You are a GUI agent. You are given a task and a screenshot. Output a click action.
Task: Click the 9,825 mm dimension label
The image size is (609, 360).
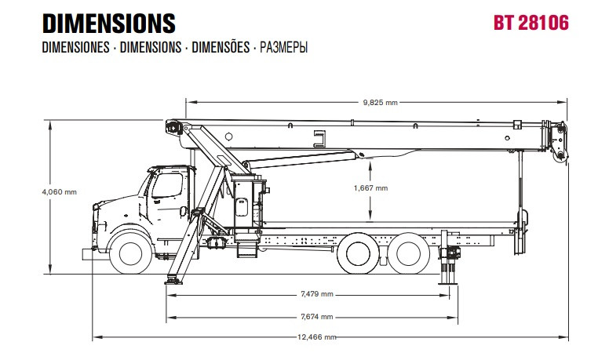tap(381, 103)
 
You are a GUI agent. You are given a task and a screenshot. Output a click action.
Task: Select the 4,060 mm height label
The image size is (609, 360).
tap(60, 192)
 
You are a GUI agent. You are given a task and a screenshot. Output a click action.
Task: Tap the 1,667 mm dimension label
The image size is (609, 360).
tap(370, 188)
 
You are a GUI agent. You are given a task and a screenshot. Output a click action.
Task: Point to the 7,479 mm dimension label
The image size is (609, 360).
tap(317, 294)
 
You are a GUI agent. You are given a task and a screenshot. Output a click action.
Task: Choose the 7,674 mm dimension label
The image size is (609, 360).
tap(317, 317)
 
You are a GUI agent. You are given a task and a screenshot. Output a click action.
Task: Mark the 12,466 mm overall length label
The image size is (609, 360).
tap(317, 337)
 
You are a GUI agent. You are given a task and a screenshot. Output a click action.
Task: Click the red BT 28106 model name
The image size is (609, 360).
tap(531, 23)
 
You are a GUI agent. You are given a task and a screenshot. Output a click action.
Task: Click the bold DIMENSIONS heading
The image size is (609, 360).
tap(109, 24)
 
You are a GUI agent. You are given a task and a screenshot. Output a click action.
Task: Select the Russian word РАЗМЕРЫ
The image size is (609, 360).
tap(283, 47)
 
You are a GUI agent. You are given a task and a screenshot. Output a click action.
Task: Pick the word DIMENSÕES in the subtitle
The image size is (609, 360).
tap(221, 47)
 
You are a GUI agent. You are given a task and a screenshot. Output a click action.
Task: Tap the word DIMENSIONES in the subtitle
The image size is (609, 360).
tap(76, 47)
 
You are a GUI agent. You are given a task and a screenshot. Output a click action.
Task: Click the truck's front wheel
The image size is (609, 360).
tap(131, 253)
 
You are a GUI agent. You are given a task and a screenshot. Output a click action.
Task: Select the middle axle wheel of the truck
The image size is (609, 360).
tap(358, 253)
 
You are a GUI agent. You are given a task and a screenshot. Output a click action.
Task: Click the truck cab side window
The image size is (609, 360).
tap(167, 185)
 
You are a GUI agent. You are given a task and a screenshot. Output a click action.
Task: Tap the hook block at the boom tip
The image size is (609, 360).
tap(560, 142)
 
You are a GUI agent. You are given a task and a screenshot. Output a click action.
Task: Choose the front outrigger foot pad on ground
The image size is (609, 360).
tap(173, 280)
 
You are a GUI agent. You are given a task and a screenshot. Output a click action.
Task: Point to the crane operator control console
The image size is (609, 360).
tap(248, 204)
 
